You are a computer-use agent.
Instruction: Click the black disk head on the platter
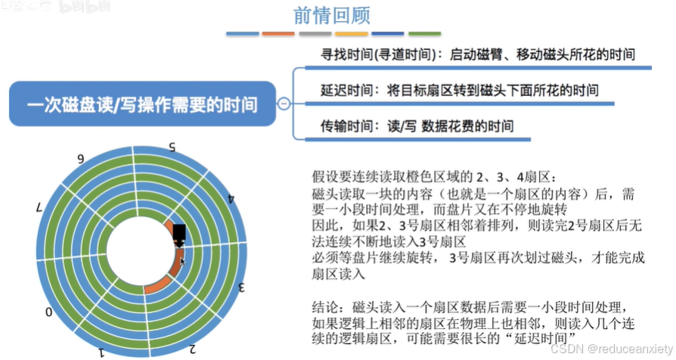pyautogui.click(x=179, y=234)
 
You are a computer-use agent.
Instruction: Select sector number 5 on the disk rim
pyautogui.click(x=172, y=146)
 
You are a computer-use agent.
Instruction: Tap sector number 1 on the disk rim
pyautogui.click(x=101, y=352)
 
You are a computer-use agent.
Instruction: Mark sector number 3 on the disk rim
pyautogui.click(x=243, y=287)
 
